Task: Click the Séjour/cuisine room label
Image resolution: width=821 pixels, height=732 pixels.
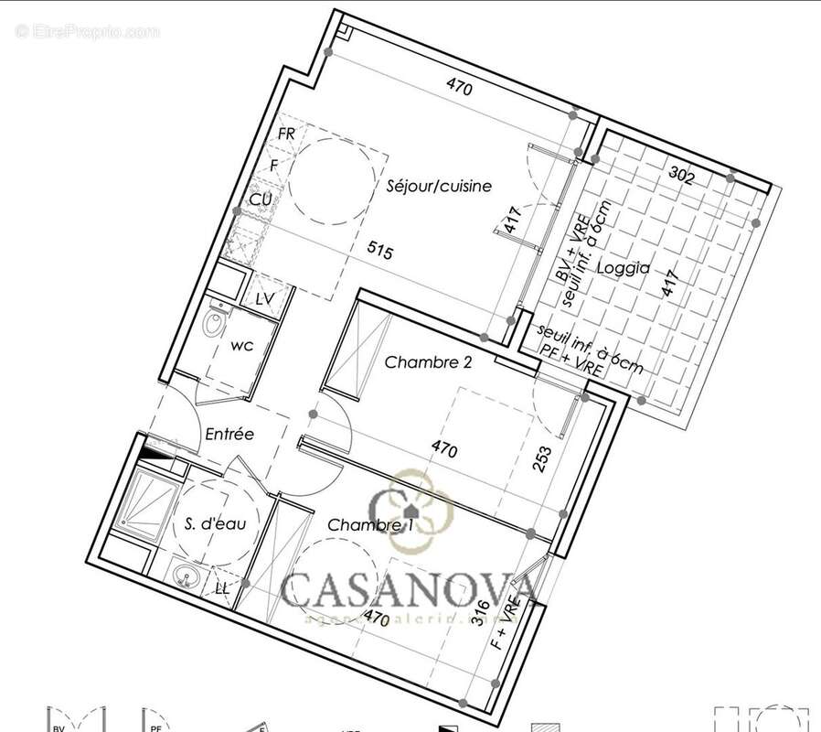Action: [438, 186]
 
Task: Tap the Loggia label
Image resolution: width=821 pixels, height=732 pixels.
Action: [623, 269]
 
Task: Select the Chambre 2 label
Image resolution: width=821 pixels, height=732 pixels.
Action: [428, 362]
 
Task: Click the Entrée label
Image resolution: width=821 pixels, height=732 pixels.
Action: [229, 435]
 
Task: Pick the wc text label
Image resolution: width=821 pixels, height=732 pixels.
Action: [241, 346]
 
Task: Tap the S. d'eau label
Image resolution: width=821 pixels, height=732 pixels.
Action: [215, 523]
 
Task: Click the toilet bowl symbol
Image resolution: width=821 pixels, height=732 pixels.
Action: [216, 324]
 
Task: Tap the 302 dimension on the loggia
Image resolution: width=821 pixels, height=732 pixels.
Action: [681, 173]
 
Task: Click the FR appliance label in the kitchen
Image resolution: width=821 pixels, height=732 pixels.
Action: [286, 134]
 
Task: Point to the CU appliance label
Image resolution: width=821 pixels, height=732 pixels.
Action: [261, 199]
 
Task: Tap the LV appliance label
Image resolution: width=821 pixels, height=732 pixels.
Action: [265, 299]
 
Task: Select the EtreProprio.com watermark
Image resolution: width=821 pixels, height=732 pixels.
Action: [87, 32]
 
